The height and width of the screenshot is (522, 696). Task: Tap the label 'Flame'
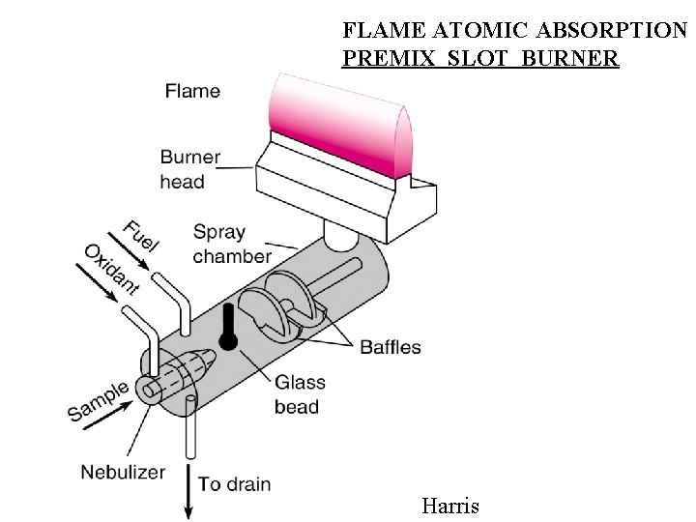coord(192,92)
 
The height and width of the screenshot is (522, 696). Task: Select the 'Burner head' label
coord(189,168)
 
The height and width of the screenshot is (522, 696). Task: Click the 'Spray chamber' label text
coord(232,244)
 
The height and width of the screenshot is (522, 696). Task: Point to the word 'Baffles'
coord(391,347)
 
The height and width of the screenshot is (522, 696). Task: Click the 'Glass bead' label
coord(297,394)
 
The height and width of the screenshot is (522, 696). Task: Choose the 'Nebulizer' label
coord(123,473)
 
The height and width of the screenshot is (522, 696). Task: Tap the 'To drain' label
coord(235,483)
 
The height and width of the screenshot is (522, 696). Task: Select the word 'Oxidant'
coord(112,269)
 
